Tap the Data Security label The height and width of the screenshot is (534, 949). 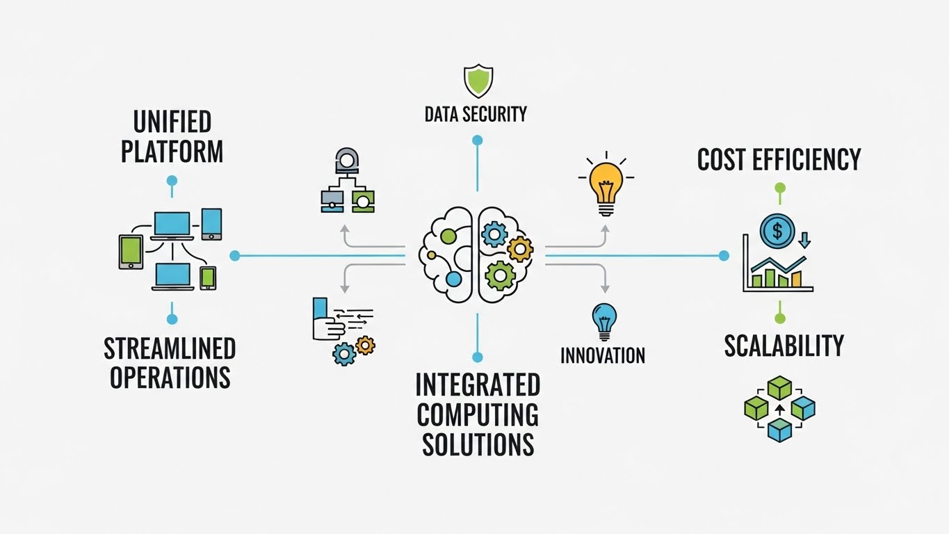coord(476,114)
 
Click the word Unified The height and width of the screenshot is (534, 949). coord(171,122)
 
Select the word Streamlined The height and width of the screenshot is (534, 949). coord(170,348)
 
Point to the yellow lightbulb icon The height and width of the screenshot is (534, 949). coord(604,181)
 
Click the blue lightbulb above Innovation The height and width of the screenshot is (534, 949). coord(603,321)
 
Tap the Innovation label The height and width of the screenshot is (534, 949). coord(603,355)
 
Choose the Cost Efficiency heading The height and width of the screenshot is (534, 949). coord(779,159)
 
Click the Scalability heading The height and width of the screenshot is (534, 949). coord(784,346)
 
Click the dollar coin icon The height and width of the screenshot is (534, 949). coord(777,229)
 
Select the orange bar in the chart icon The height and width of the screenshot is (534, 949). coord(796,279)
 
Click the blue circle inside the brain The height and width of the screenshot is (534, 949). coord(453,280)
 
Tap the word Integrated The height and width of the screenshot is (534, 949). coord(477,385)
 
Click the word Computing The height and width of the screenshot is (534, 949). coord(477,414)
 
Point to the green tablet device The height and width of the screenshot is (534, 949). coord(131,252)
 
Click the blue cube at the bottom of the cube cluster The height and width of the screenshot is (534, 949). coord(779,428)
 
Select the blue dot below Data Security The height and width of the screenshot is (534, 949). coord(477,140)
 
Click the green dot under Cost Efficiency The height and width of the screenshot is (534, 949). coord(779,188)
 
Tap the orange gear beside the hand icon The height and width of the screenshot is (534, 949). coord(365,343)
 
